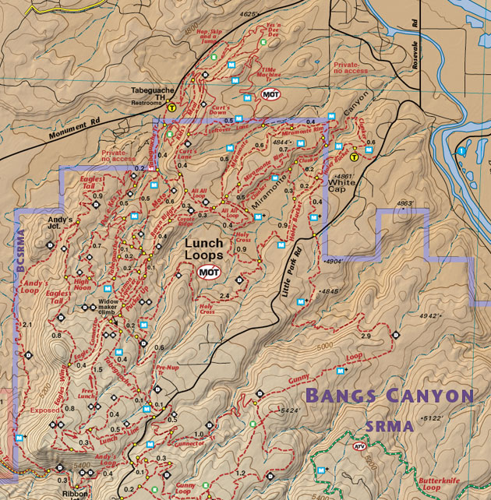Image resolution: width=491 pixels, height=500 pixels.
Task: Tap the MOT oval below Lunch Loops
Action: [208, 272]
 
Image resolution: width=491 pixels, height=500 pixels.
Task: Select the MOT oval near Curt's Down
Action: [270, 94]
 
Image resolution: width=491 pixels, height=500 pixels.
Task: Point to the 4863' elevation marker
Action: [404, 203]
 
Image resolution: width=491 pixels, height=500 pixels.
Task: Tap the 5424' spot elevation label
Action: [289, 410]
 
